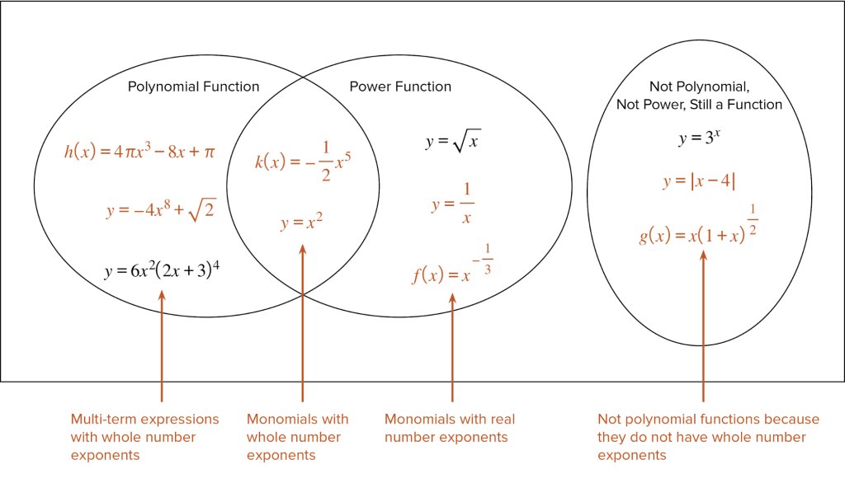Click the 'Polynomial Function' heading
click(x=193, y=87)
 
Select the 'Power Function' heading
click(x=400, y=87)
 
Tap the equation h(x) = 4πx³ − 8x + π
click(x=139, y=152)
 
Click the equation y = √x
click(x=453, y=142)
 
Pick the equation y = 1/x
click(x=453, y=204)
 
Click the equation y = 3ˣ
click(x=699, y=138)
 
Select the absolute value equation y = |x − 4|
click(x=699, y=181)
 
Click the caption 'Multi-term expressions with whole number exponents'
click(x=144, y=437)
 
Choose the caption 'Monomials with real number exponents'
click(x=450, y=429)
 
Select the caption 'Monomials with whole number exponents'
click(x=297, y=437)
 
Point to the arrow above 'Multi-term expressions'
click(x=161, y=346)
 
